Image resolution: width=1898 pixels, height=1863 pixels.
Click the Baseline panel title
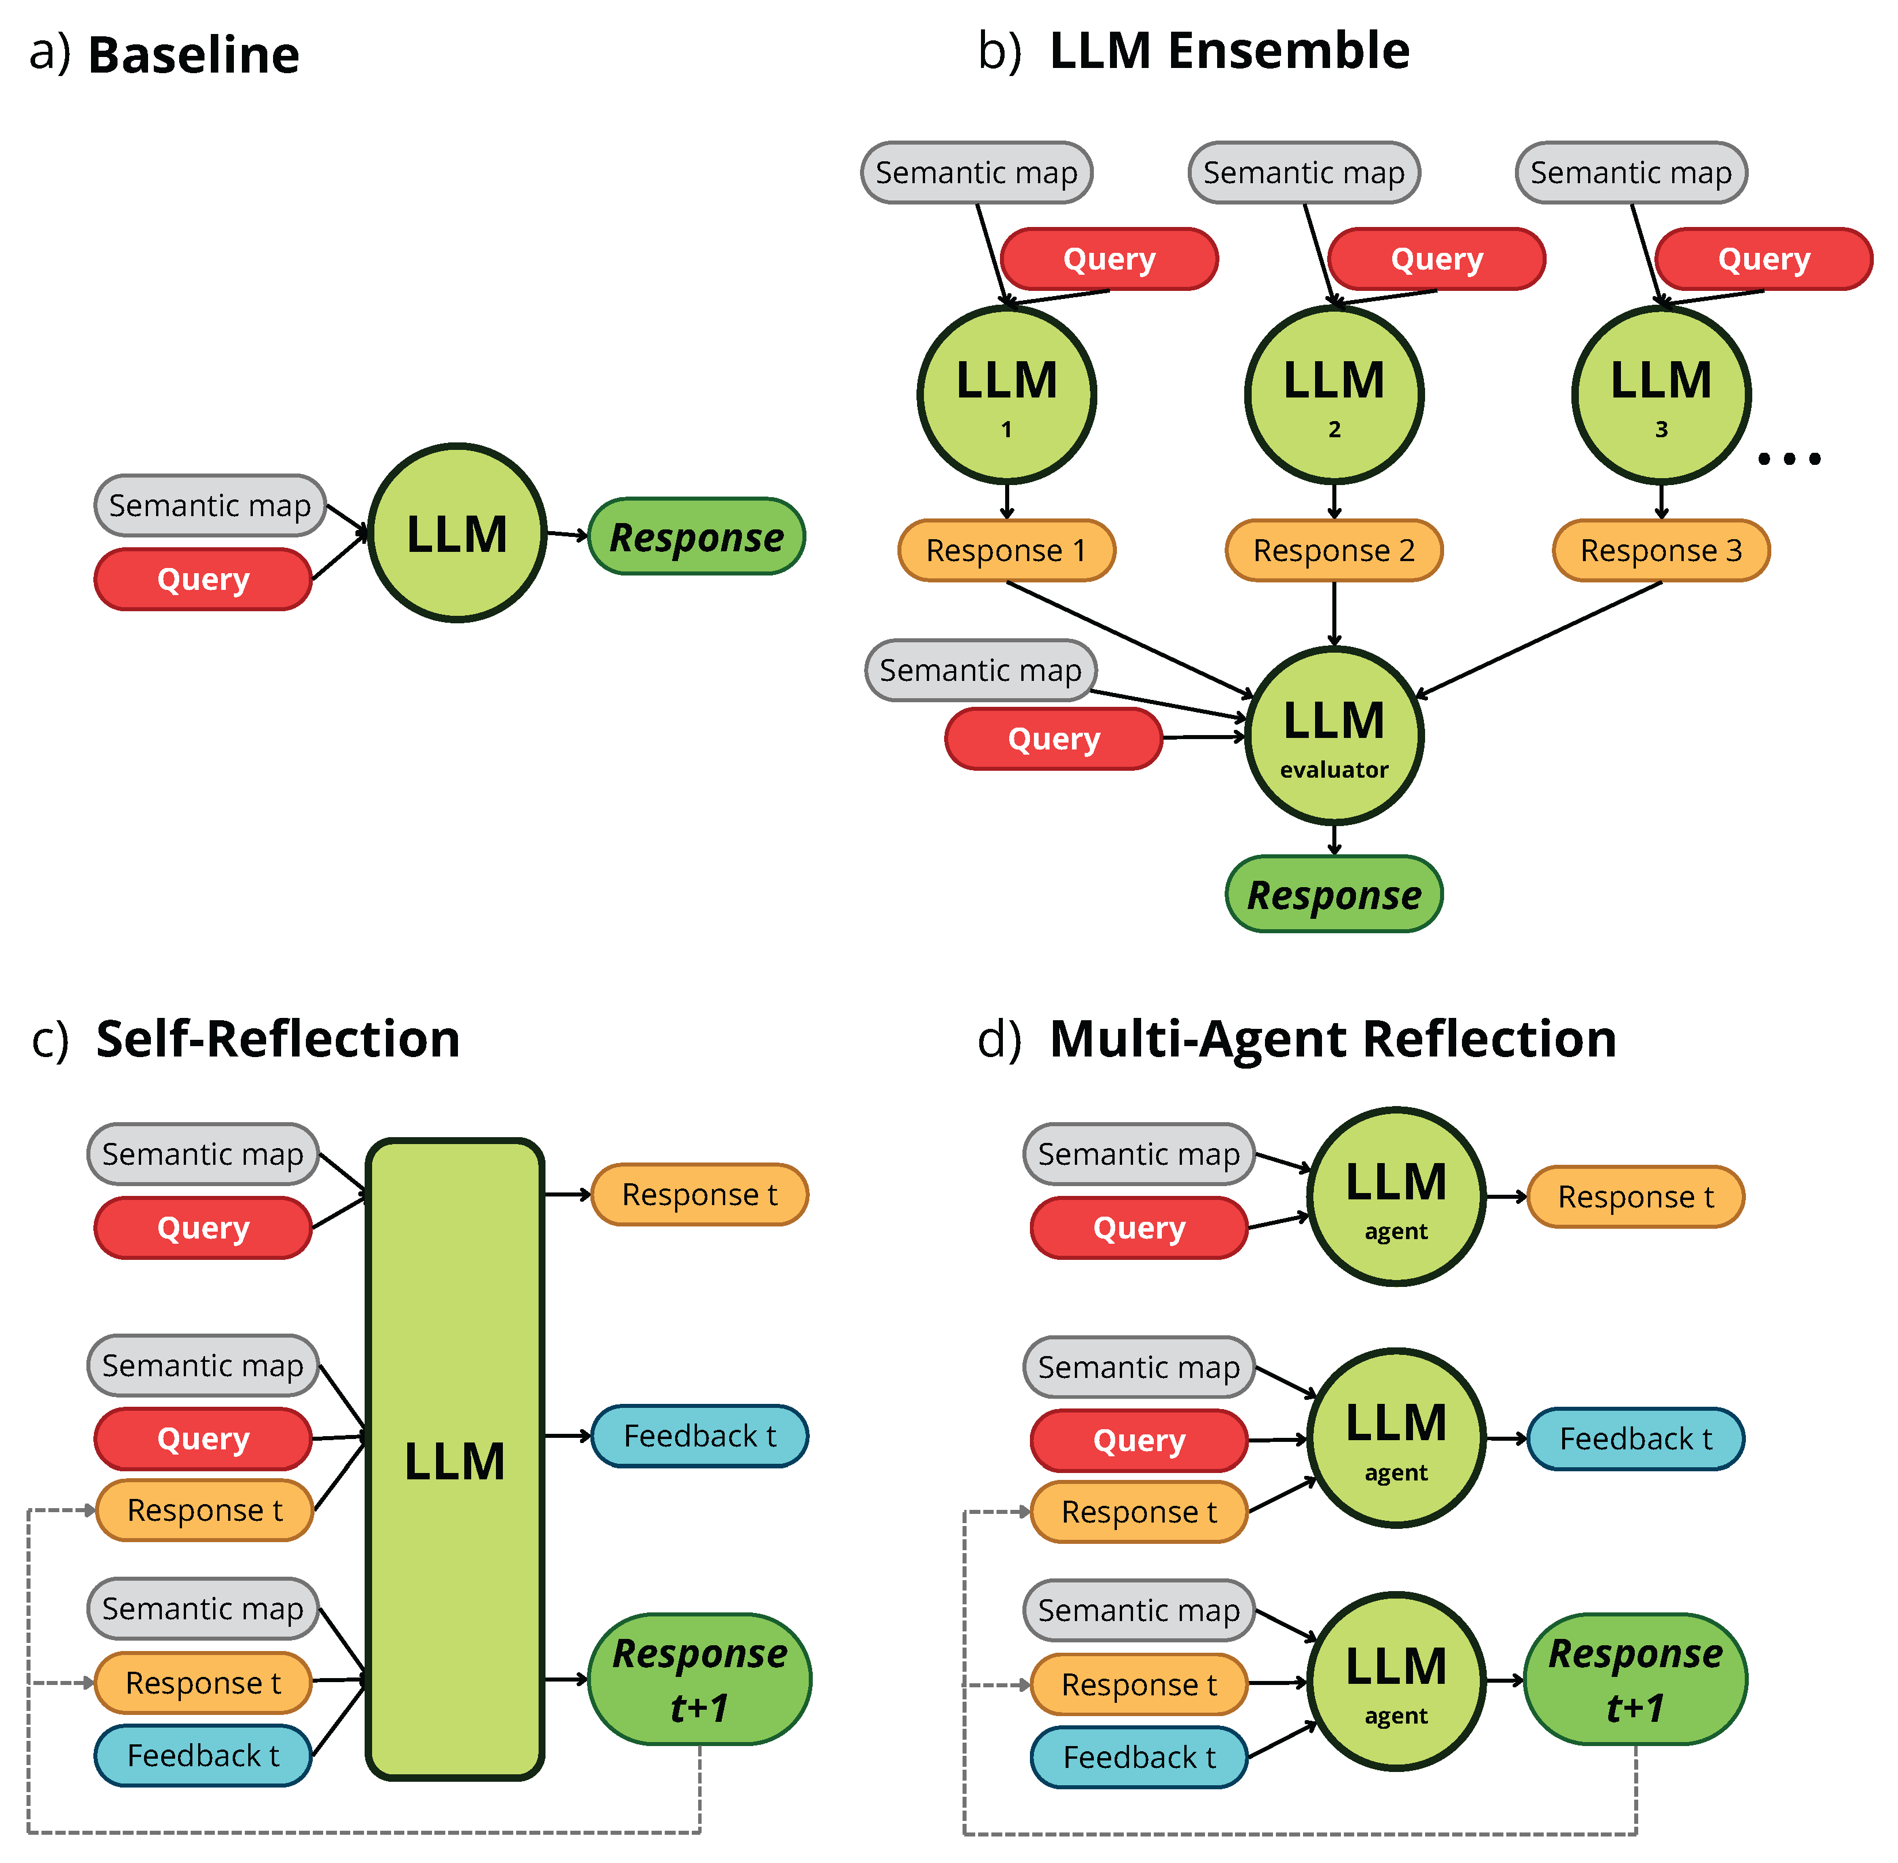coord(193,55)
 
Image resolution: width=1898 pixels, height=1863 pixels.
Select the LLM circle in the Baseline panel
coord(457,533)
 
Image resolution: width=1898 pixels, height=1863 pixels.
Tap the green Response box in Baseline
coord(696,536)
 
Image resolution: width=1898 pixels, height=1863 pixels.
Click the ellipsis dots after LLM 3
coord(1789,458)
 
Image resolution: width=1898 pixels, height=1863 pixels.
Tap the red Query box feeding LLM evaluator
coord(1054,739)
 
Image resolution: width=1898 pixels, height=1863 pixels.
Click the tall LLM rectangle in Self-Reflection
coord(455,1458)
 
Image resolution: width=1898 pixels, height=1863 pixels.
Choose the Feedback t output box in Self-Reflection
coord(699,1436)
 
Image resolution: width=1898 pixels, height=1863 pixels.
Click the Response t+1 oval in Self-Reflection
coord(699,1679)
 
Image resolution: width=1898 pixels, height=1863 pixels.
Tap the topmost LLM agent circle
coord(1396,1196)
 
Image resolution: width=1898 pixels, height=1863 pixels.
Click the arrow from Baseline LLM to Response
coord(566,534)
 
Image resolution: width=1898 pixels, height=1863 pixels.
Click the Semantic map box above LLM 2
coord(1303,172)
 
